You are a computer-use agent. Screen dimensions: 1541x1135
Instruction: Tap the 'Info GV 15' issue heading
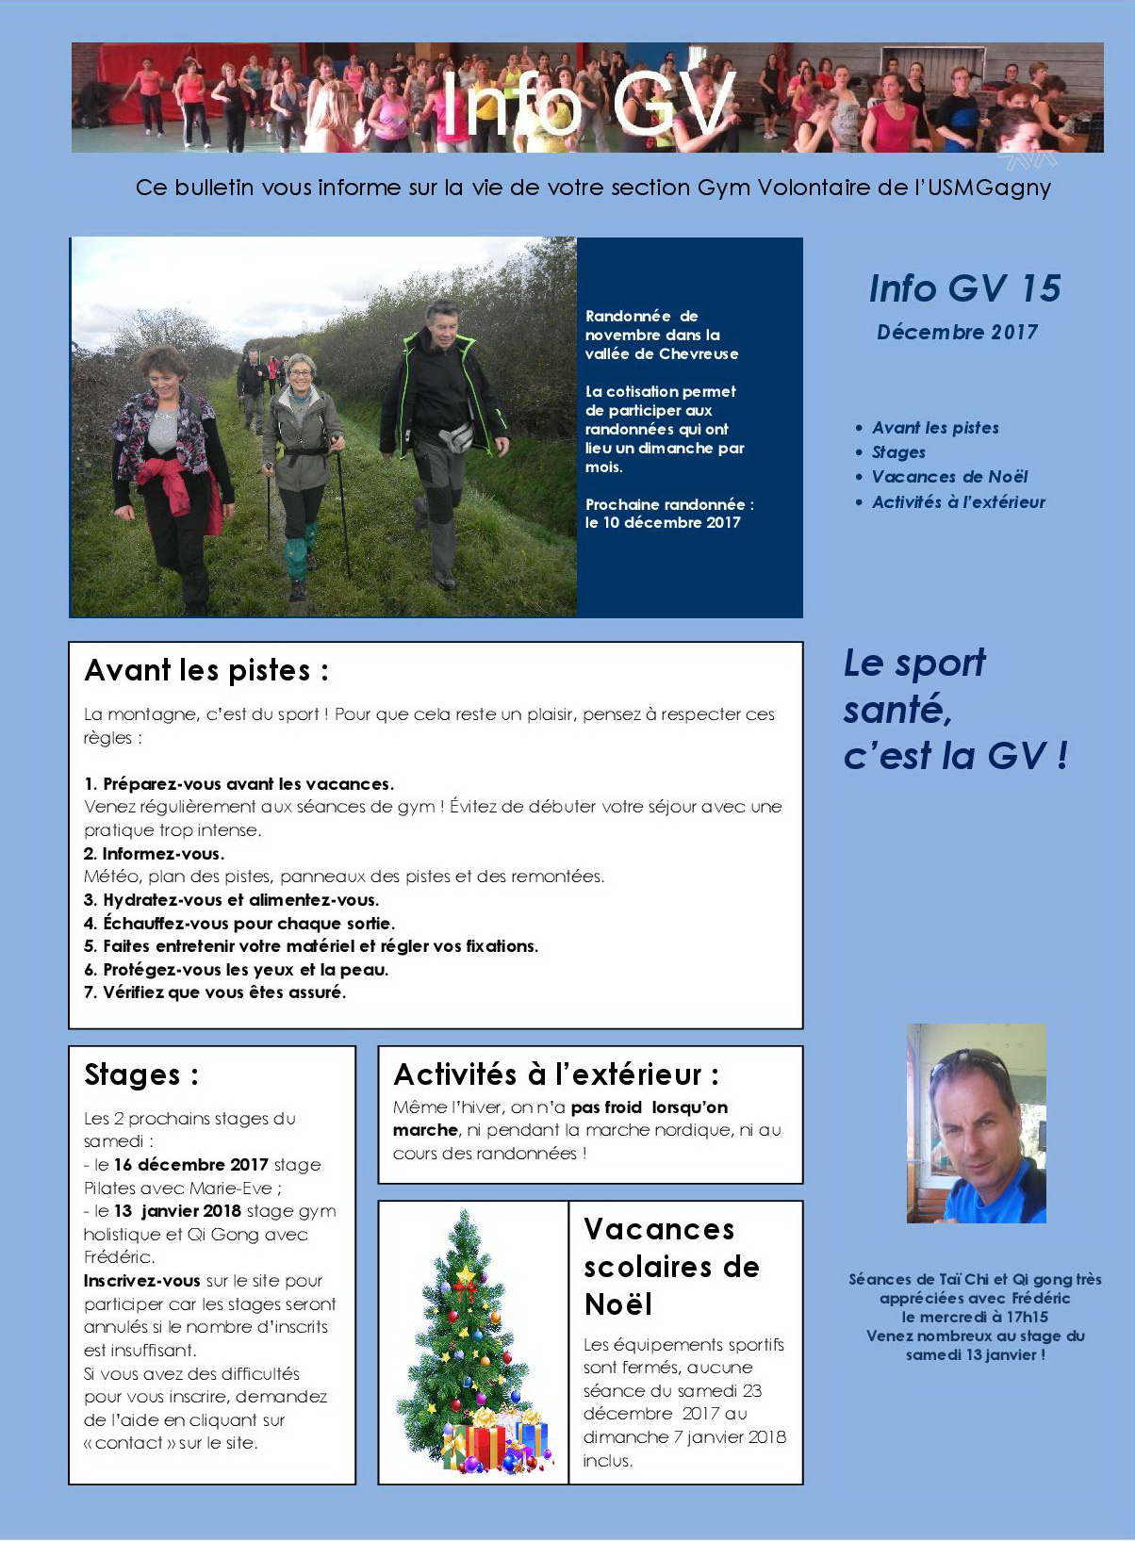pos(964,288)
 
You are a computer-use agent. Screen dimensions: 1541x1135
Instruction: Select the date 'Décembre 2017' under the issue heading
pos(957,332)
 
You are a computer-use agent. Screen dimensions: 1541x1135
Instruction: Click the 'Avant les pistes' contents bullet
pos(935,428)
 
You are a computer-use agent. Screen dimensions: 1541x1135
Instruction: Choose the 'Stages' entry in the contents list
pos(898,452)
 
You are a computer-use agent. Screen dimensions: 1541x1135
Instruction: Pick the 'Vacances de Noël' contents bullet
pos(949,477)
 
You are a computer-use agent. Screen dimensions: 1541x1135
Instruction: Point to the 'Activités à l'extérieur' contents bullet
pos(959,502)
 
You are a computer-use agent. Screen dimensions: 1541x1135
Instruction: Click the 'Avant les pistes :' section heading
pos(206,670)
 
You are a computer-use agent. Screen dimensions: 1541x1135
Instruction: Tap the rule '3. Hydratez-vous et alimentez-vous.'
pos(232,900)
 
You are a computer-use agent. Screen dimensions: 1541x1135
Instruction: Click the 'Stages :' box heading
pos(141,1074)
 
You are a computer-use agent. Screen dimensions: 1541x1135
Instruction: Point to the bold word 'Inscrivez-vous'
pos(142,1281)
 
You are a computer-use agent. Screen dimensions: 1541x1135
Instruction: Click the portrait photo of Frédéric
pos(977,1123)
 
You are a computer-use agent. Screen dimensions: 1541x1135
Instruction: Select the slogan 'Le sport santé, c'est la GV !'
pos(954,709)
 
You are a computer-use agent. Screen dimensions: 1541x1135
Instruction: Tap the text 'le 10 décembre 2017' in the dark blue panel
pos(663,523)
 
